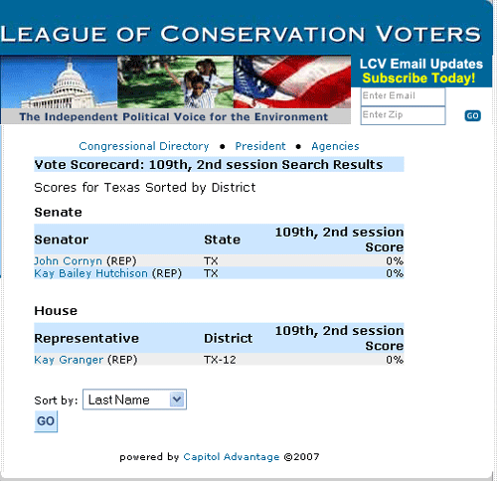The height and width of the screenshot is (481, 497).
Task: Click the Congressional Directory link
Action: tap(144, 146)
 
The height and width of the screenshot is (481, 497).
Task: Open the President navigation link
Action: tap(260, 146)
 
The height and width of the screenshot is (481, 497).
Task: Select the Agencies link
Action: tap(335, 146)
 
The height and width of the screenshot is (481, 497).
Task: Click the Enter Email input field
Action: tap(403, 96)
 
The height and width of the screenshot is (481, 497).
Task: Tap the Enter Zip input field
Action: tap(403, 115)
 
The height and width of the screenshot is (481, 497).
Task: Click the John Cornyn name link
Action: tap(68, 261)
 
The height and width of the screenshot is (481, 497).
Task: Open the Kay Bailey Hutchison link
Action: tap(90, 273)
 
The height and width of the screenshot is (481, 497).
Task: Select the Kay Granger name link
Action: tap(69, 360)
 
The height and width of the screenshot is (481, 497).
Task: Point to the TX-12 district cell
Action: tap(220, 360)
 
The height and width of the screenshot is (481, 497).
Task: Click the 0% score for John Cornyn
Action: tap(395, 261)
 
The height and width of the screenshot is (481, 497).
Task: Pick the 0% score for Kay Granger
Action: tap(395, 360)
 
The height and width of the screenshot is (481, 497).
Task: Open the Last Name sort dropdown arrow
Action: tap(177, 400)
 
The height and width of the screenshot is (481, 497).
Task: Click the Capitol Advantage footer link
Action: tap(232, 457)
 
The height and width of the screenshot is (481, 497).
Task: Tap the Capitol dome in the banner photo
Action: tap(69, 82)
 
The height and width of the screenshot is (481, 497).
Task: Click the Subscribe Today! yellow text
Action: tap(418, 79)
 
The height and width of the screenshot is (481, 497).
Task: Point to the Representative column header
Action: tap(86, 338)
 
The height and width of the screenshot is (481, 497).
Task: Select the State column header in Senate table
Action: tap(222, 240)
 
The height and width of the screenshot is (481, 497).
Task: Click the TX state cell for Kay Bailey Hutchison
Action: tap(211, 273)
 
